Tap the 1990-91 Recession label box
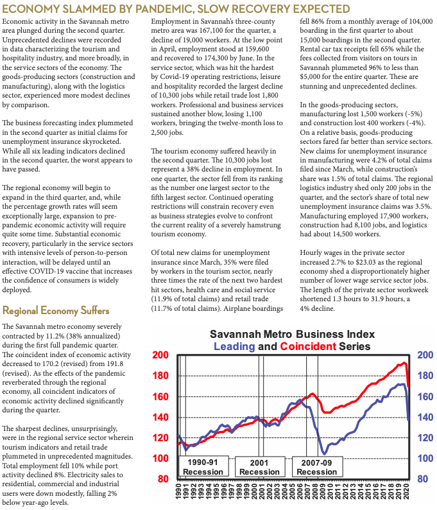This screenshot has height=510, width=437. pyautogui.click(x=203, y=466)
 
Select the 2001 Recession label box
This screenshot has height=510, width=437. pyautogui.click(x=259, y=466)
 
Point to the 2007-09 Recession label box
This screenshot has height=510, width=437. pyautogui.click(x=316, y=466)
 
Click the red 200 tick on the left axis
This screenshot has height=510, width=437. pyautogui.click(x=160, y=355)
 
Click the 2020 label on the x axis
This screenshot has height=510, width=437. pyautogui.click(x=407, y=495)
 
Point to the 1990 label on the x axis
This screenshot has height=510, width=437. pyautogui.click(x=179, y=495)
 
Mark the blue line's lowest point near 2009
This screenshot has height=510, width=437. pyautogui.click(x=323, y=453)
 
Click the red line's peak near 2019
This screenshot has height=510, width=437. pyautogui.click(x=404, y=363)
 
